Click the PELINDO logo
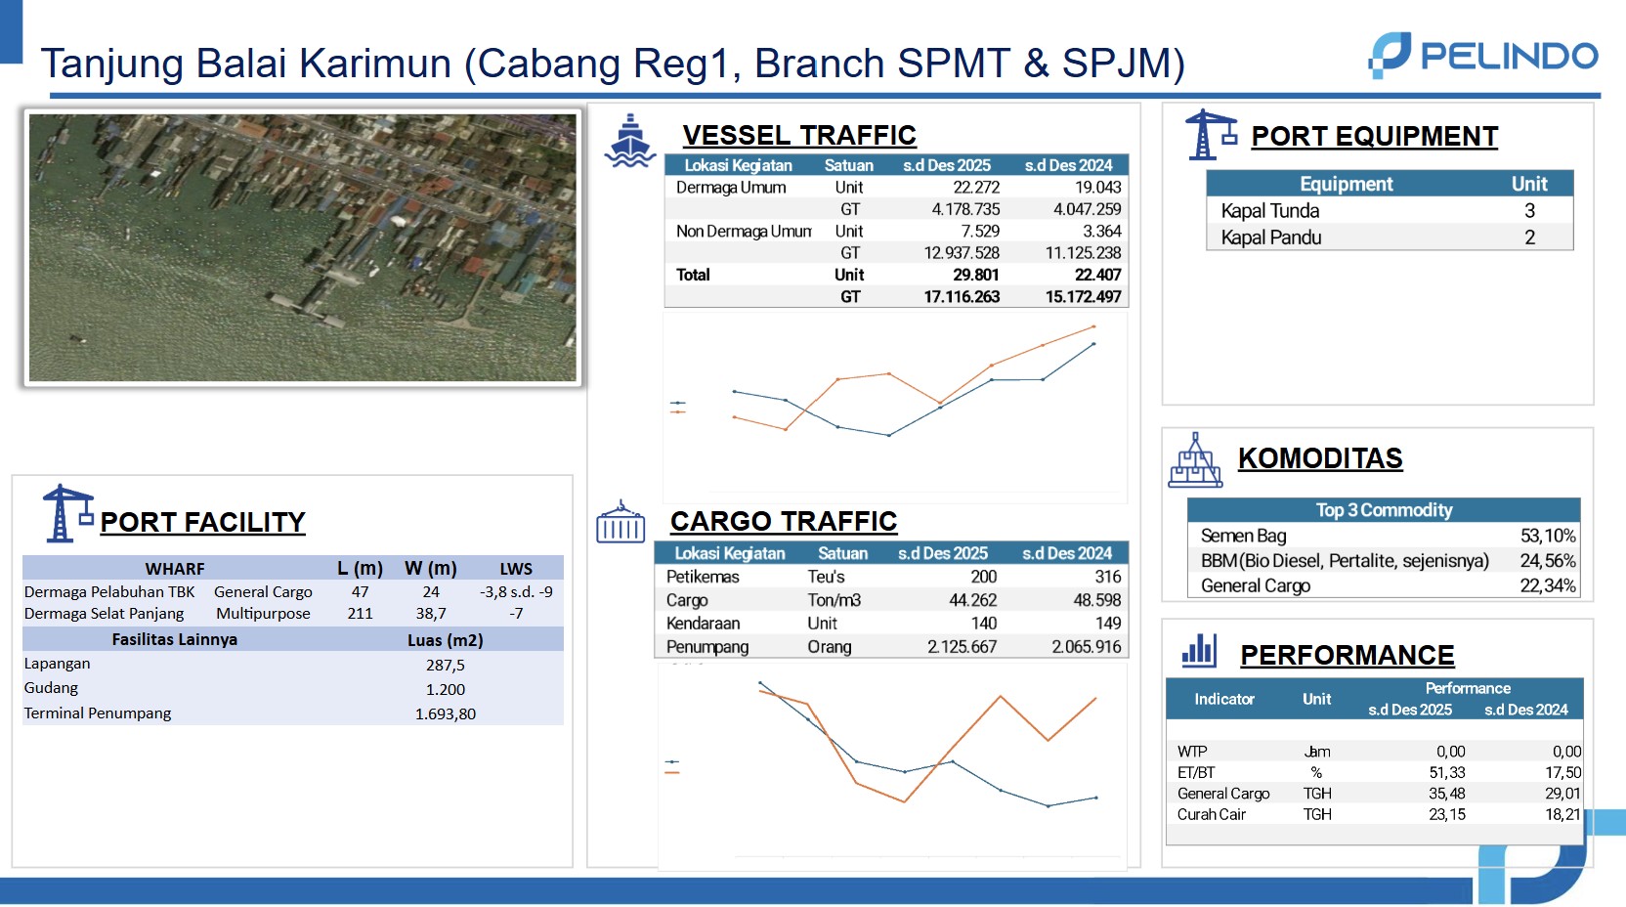[1483, 55]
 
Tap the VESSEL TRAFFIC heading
[799, 135]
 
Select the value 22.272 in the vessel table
[975, 188]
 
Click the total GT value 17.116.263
[962, 296]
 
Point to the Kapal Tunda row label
[1269, 210]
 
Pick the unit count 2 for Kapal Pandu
[1529, 238]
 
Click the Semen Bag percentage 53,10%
[1548, 536]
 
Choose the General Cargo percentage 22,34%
[1548, 586]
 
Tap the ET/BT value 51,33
[1447, 773]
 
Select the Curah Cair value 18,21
[1562, 815]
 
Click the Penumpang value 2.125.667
[962, 646]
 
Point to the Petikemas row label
[703, 577]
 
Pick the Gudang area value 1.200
[445, 689]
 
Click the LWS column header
[516, 569]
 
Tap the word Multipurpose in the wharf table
[263, 614]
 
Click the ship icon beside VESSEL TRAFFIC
[629, 141]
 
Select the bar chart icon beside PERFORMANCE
[1199, 650]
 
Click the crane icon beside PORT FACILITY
[67, 513]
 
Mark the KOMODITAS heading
[1320, 458]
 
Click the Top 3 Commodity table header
[1385, 510]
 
